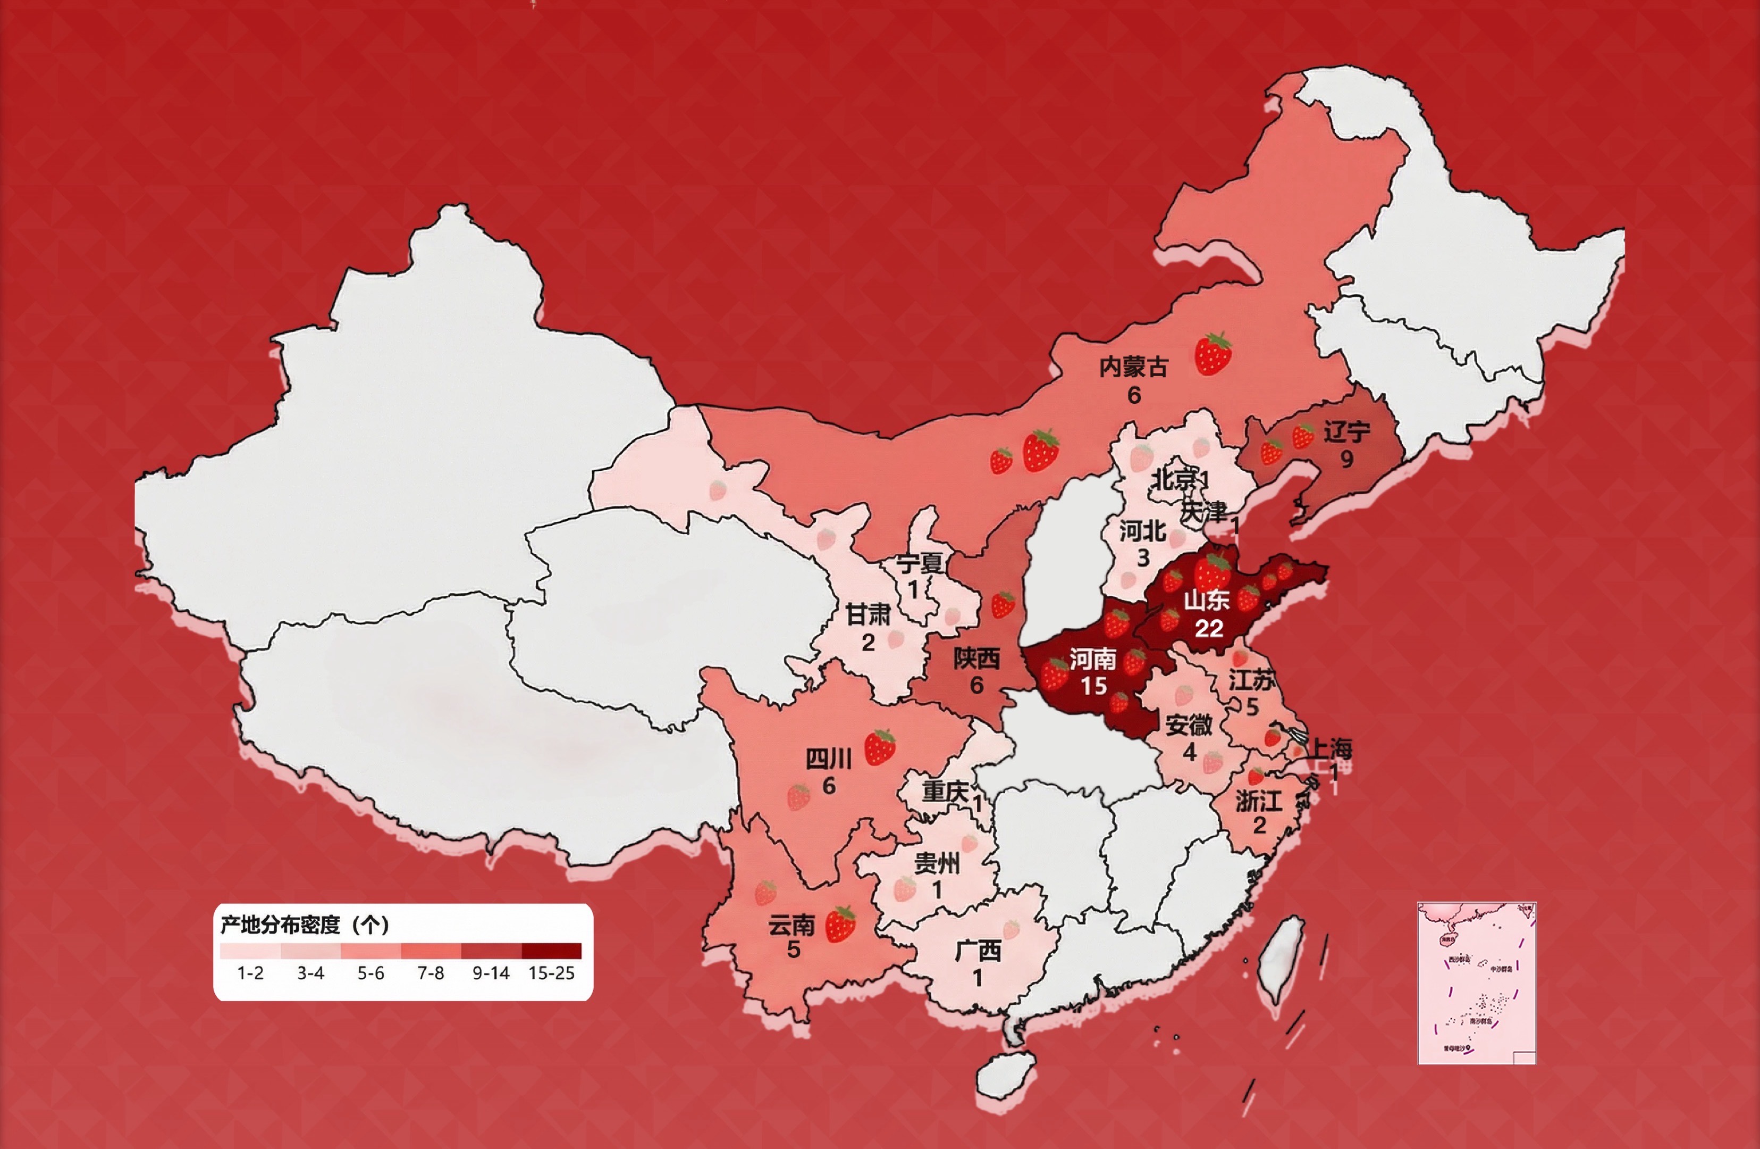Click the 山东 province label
pos(1206,600)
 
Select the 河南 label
pos(1092,659)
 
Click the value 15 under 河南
pos(1094,686)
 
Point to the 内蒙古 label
pos(1133,367)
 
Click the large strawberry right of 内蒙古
pos(1214,354)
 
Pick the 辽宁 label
pos(1346,432)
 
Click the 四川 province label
pos(828,759)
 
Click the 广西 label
pos(978,951)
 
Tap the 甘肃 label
pos(868,614)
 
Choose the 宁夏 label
pos(919,564)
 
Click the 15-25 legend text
pos(551,973)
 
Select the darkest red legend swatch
pos(551,951)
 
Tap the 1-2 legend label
pos(250,973)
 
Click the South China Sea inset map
pos(1476,983)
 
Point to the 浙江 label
pos(1258,800)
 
